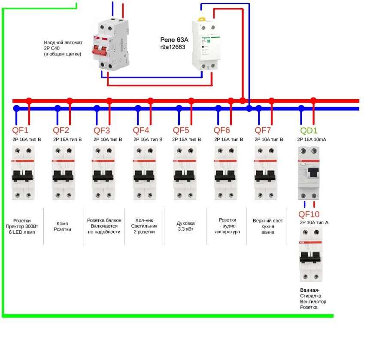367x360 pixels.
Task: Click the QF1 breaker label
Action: click(x=20, y=130)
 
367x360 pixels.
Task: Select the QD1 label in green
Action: click(x=309, y=130)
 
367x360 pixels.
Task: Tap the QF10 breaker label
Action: click(x=309, y=214)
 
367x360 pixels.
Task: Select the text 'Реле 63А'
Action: click(x=173, y=39)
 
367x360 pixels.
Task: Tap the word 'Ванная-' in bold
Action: click(x=310, y=290)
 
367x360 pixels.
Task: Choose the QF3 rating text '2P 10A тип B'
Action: click(x=108, y=140)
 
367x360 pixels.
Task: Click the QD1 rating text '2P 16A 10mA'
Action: click(x=311, y=140)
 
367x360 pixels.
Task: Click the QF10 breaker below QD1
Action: click(x=310, y=254)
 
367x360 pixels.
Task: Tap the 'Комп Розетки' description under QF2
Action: click(x=62, y=226)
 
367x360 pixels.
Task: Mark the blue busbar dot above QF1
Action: click(x=16, y=108)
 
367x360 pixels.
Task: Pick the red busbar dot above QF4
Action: click(x=150, y=101)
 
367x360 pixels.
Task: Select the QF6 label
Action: click(x=222, y=130)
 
